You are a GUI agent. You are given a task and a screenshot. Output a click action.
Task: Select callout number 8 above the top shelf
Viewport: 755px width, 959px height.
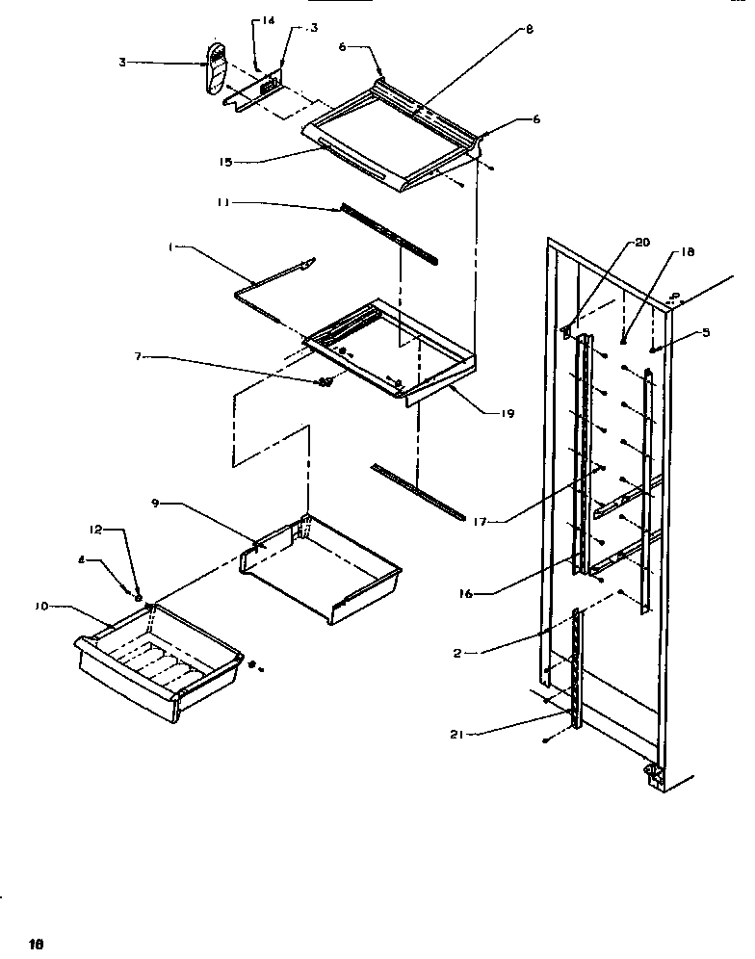pyautogui.click(x=529, y=30)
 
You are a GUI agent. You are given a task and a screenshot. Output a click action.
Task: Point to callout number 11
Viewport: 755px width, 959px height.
pyautogui.click(x=222, y=203)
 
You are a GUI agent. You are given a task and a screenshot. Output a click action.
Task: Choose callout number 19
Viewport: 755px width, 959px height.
pyautogui.click(x=507, y=414)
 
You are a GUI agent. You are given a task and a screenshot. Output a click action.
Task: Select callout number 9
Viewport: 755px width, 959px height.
pyautogui.click(x=155, y=503)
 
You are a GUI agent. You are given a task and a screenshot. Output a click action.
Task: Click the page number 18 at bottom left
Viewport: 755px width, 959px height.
pyautogui.click(x=37, y=945)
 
